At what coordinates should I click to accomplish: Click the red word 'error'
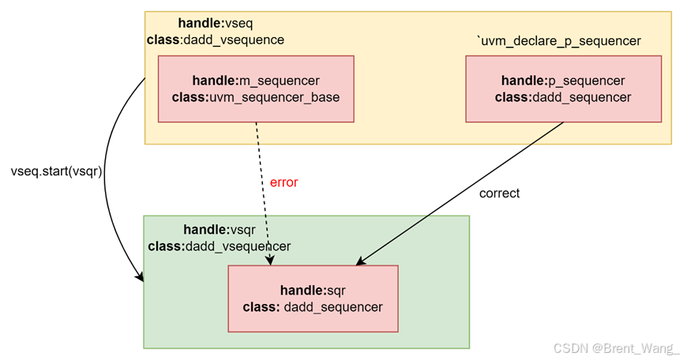point(284,182)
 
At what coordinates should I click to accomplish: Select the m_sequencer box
point(256,88)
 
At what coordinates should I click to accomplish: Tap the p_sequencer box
point(563,88)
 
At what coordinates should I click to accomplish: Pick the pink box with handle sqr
point(313,298)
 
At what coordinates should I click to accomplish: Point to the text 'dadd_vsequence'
point(233,39)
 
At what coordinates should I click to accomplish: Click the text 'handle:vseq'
point(215,24)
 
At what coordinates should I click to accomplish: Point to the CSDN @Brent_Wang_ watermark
point(616,347)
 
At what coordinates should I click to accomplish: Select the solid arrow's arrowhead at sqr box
point(362,262)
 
